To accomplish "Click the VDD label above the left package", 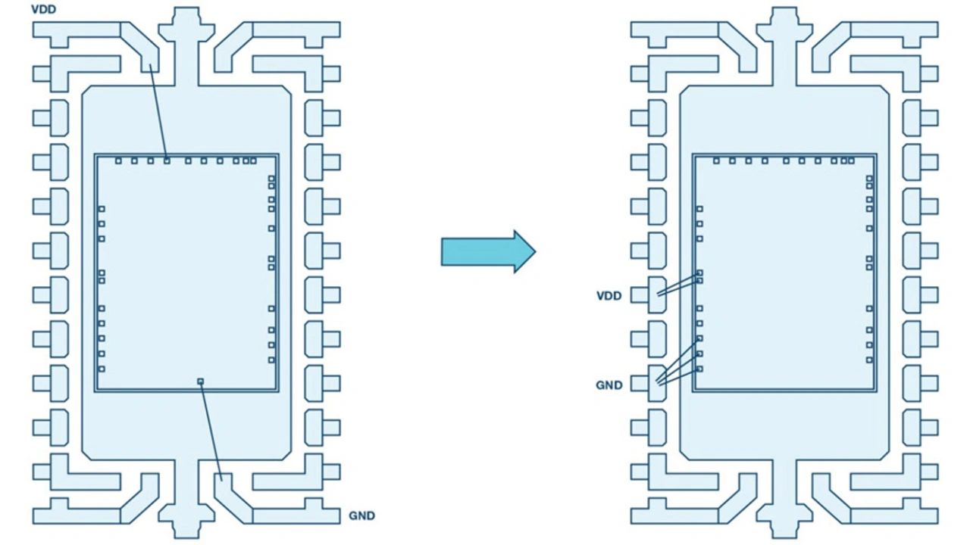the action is pos(44,9).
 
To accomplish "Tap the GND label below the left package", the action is pos(362,515).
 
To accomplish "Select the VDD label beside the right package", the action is pos(609,296).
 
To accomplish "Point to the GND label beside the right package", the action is pos(609,385).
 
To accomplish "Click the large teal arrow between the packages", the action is pos(489,252).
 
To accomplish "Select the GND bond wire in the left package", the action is pos(211,431).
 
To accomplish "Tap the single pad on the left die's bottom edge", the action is pos(200,381).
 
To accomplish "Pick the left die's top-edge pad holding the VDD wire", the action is pos(167,161).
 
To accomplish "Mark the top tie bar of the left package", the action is pos(186,45).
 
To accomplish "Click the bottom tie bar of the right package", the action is pos(784,498).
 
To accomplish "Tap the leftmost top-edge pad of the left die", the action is pos(118,161).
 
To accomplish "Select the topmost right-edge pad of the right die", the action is pos(869,178).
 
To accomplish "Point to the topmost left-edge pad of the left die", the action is pos(102,209).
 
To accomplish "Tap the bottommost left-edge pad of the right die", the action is pos(699,369).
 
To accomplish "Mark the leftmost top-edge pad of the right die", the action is pos(716,161).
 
